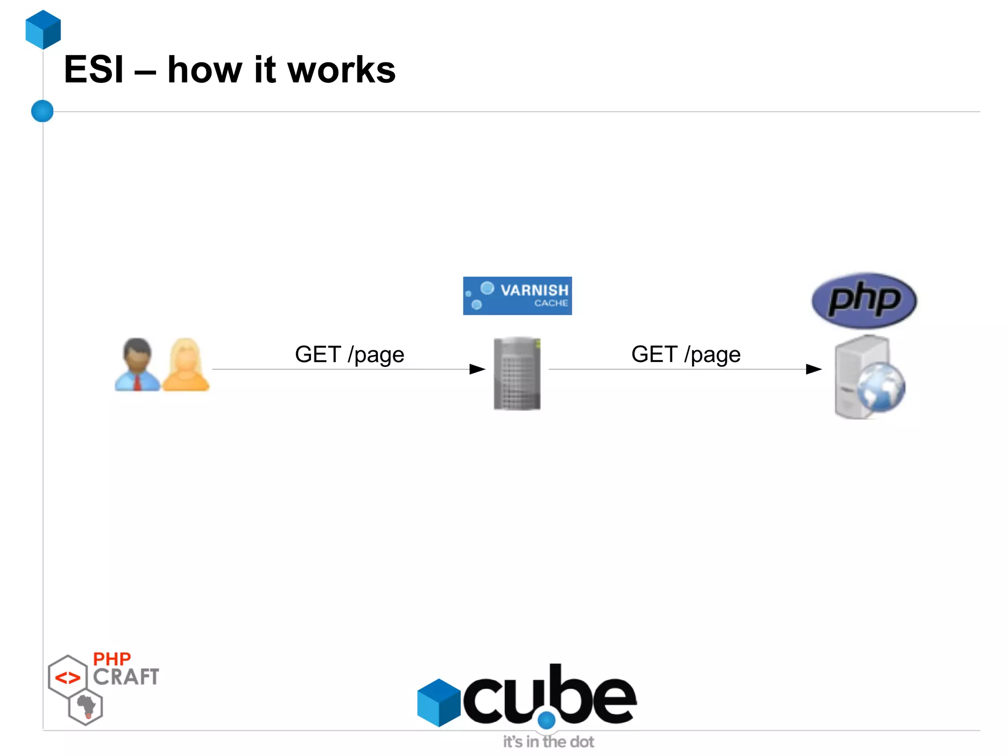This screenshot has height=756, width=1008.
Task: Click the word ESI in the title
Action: click(x=94, y=70)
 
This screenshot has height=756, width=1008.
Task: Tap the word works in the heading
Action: click(x=341, y=70)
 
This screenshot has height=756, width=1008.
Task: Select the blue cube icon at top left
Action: click(x=43, y=30)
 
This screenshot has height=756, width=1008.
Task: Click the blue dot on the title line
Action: click(x=42, y=111)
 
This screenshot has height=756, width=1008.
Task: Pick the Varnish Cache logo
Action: click(x=517, y=296)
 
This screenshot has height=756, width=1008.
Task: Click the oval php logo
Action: click(x=864, y=300)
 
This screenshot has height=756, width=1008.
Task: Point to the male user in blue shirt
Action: click(x=137, y=364)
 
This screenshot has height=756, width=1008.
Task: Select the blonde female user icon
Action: click(x=186, y=364)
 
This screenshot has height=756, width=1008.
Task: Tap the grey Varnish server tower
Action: click(x=517, y=373)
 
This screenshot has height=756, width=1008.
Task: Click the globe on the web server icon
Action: click(x=881, y=387)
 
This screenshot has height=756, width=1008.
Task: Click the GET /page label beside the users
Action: click(x=349, y=354)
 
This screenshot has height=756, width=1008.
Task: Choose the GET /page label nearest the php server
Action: click(x=686, y=354)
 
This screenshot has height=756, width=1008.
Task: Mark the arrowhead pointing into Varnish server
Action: click(x=477, y=369)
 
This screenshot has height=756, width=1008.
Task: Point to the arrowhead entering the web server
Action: click(x=814, y=369)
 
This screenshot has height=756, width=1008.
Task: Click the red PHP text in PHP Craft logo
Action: click(x=112, y=659)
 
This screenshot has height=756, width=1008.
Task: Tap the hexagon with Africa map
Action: click(x=86, y=708)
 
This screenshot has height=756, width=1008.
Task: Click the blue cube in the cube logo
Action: click(x=438, y=702)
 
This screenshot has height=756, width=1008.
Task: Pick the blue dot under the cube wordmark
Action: click(x=546, y=720)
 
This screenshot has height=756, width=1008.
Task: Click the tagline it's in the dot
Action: click(x=548, y=742)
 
